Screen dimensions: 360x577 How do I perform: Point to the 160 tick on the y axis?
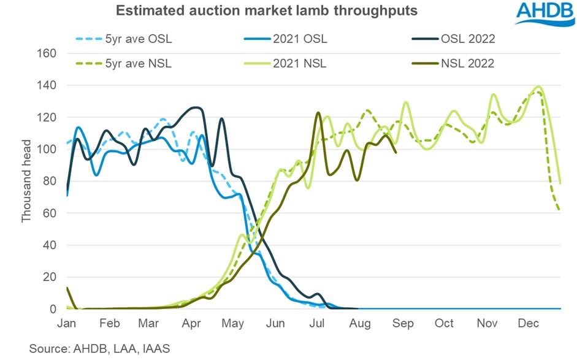click(48, 53)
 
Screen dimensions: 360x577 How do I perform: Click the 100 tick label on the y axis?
click(48, 150)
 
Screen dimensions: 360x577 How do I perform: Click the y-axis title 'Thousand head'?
click(26, 182)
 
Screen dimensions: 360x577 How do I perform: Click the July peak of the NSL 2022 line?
click(318, 113)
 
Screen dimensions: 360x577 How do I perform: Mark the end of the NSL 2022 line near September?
click(396, 152)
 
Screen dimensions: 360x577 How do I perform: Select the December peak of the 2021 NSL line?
click(538, 86)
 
